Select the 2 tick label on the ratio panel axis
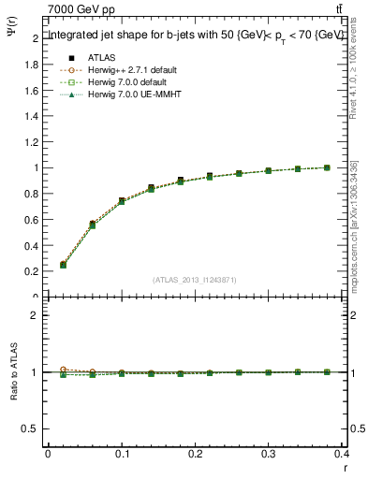pos(38,315)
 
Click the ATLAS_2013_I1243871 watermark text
pos(195,280)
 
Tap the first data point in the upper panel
pos(63,265)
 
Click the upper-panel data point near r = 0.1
pos(122,201)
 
